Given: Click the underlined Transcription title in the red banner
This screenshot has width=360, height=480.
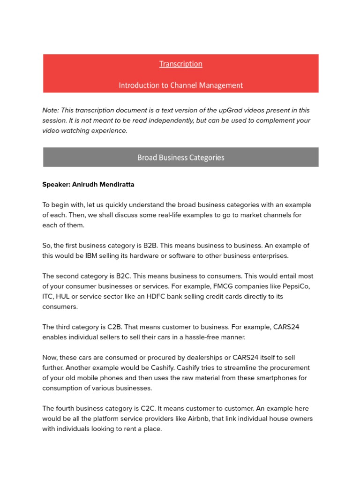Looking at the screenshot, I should click(180, 64).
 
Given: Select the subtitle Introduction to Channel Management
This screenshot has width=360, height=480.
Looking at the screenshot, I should click(180, 85).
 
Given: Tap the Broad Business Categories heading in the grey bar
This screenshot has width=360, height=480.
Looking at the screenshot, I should click(180, 157).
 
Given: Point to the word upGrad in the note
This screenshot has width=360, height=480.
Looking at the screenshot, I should click(231, 110).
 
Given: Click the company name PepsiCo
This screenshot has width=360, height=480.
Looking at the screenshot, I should click(297, 286).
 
